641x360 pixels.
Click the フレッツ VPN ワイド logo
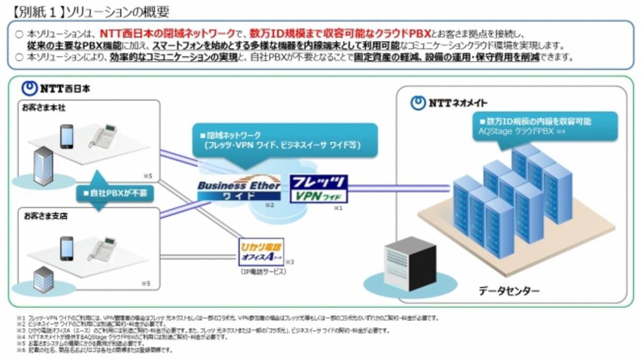(318, 189)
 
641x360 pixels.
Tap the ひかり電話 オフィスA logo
(261, 252)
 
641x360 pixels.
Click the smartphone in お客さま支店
(66, 247)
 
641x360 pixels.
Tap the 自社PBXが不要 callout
(114, 192)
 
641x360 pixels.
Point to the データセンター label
(509, 291)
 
